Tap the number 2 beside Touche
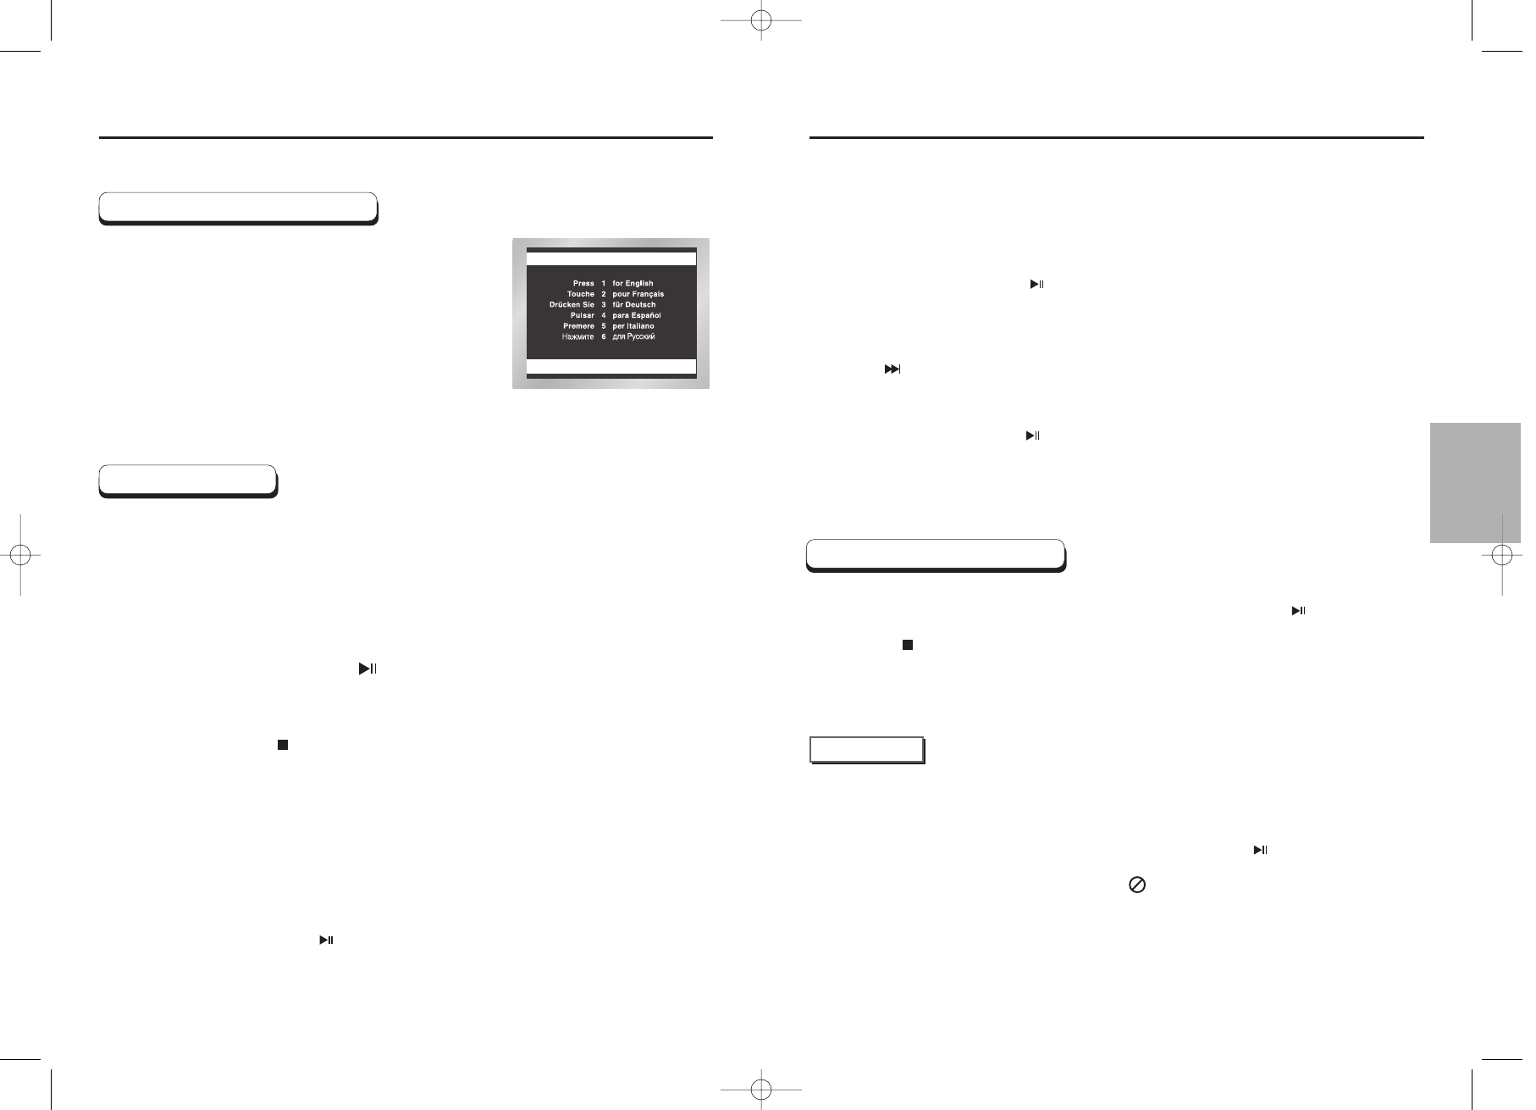coord(604,294)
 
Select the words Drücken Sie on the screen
coord(572,304)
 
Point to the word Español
coord(644,315)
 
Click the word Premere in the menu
coord(578,326)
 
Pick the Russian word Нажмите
coord(577,337)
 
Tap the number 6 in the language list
coord(604,337)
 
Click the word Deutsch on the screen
coord(641,304)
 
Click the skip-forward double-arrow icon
coord(892,369)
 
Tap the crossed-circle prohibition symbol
coord(1137,885)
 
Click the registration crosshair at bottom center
coord(761,1087)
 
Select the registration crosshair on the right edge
coord(1502,556)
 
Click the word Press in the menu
coord(583,283)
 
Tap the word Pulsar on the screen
coord(582,315)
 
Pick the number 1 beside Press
coord(604,283)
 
